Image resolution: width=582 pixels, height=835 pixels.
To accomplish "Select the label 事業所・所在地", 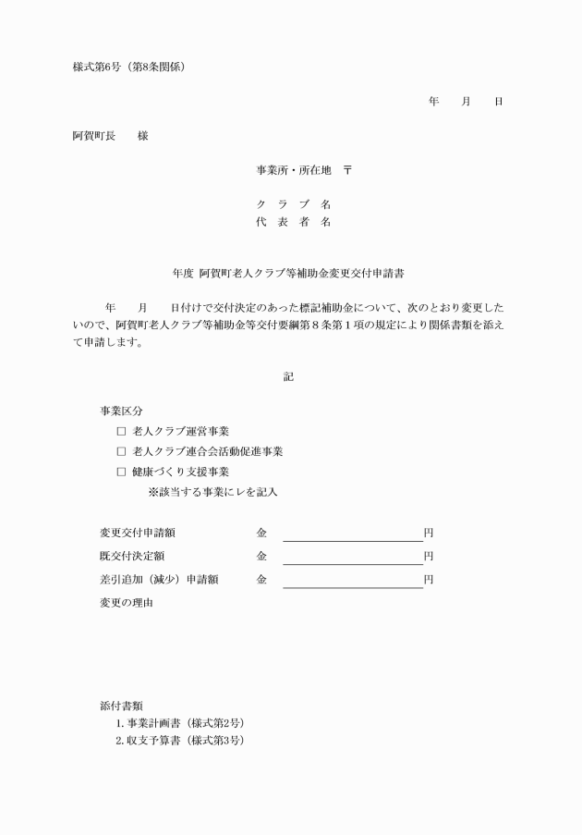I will [294, 170].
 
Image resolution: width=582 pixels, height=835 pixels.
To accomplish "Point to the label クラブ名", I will [294, 203].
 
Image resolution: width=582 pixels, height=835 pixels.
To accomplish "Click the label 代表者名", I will [294, 222].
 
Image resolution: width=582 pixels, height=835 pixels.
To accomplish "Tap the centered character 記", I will [288, 376].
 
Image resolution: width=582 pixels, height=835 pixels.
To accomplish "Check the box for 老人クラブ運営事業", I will [121, 431].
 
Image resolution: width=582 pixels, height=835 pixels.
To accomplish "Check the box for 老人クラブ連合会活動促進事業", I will [121, 451].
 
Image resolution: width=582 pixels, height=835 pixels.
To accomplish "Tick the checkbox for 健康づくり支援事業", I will [121, 472].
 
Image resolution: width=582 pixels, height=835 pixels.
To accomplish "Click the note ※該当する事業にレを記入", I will [212, 492].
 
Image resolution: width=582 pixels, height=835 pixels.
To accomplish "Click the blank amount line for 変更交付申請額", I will [352, 534].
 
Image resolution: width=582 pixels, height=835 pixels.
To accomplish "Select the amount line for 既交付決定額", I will [352, 557].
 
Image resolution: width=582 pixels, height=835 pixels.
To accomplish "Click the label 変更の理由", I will [127, 603].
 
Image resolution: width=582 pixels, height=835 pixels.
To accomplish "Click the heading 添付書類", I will [121, 705].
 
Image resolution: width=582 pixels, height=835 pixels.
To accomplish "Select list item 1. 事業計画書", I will [179, 723].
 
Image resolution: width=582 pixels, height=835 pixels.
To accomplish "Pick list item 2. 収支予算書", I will [179, 742].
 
